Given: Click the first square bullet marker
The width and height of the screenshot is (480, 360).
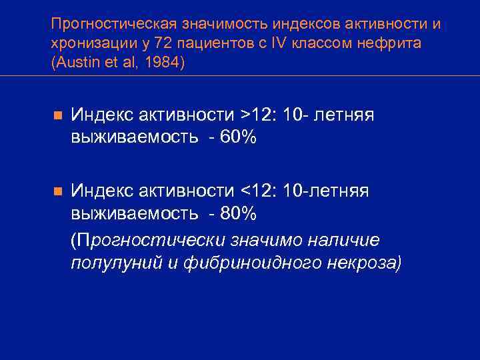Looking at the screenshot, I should click(58, 116).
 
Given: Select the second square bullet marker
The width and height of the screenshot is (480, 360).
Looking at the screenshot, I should click(58, 192).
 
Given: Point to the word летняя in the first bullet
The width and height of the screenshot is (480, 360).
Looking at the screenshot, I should click(343, 115).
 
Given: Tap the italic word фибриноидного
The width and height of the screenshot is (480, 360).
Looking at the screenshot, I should click(243, 262).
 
